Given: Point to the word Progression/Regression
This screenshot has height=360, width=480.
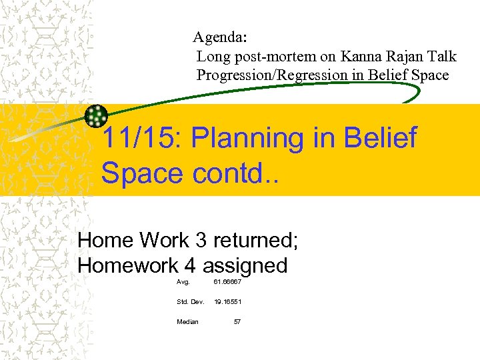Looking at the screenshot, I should point(272,75).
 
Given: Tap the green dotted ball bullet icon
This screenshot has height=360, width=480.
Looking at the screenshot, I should point(97,117).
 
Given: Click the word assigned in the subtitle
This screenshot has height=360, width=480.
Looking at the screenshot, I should point(245,266).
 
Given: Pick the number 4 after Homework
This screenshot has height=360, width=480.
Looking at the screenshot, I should point(190,266).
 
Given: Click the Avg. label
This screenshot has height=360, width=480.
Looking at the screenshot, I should point(183,282).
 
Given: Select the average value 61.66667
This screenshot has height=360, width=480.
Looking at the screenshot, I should point(227,282).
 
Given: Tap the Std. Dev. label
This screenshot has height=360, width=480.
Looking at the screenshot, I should point(191,302).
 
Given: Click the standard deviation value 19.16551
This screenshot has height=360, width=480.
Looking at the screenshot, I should point(227,302).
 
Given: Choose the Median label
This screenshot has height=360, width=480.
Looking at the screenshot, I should point(187,322).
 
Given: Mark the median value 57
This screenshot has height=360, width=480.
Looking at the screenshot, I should point(237,322).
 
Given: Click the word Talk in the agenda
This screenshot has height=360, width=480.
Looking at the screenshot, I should point(443,57).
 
